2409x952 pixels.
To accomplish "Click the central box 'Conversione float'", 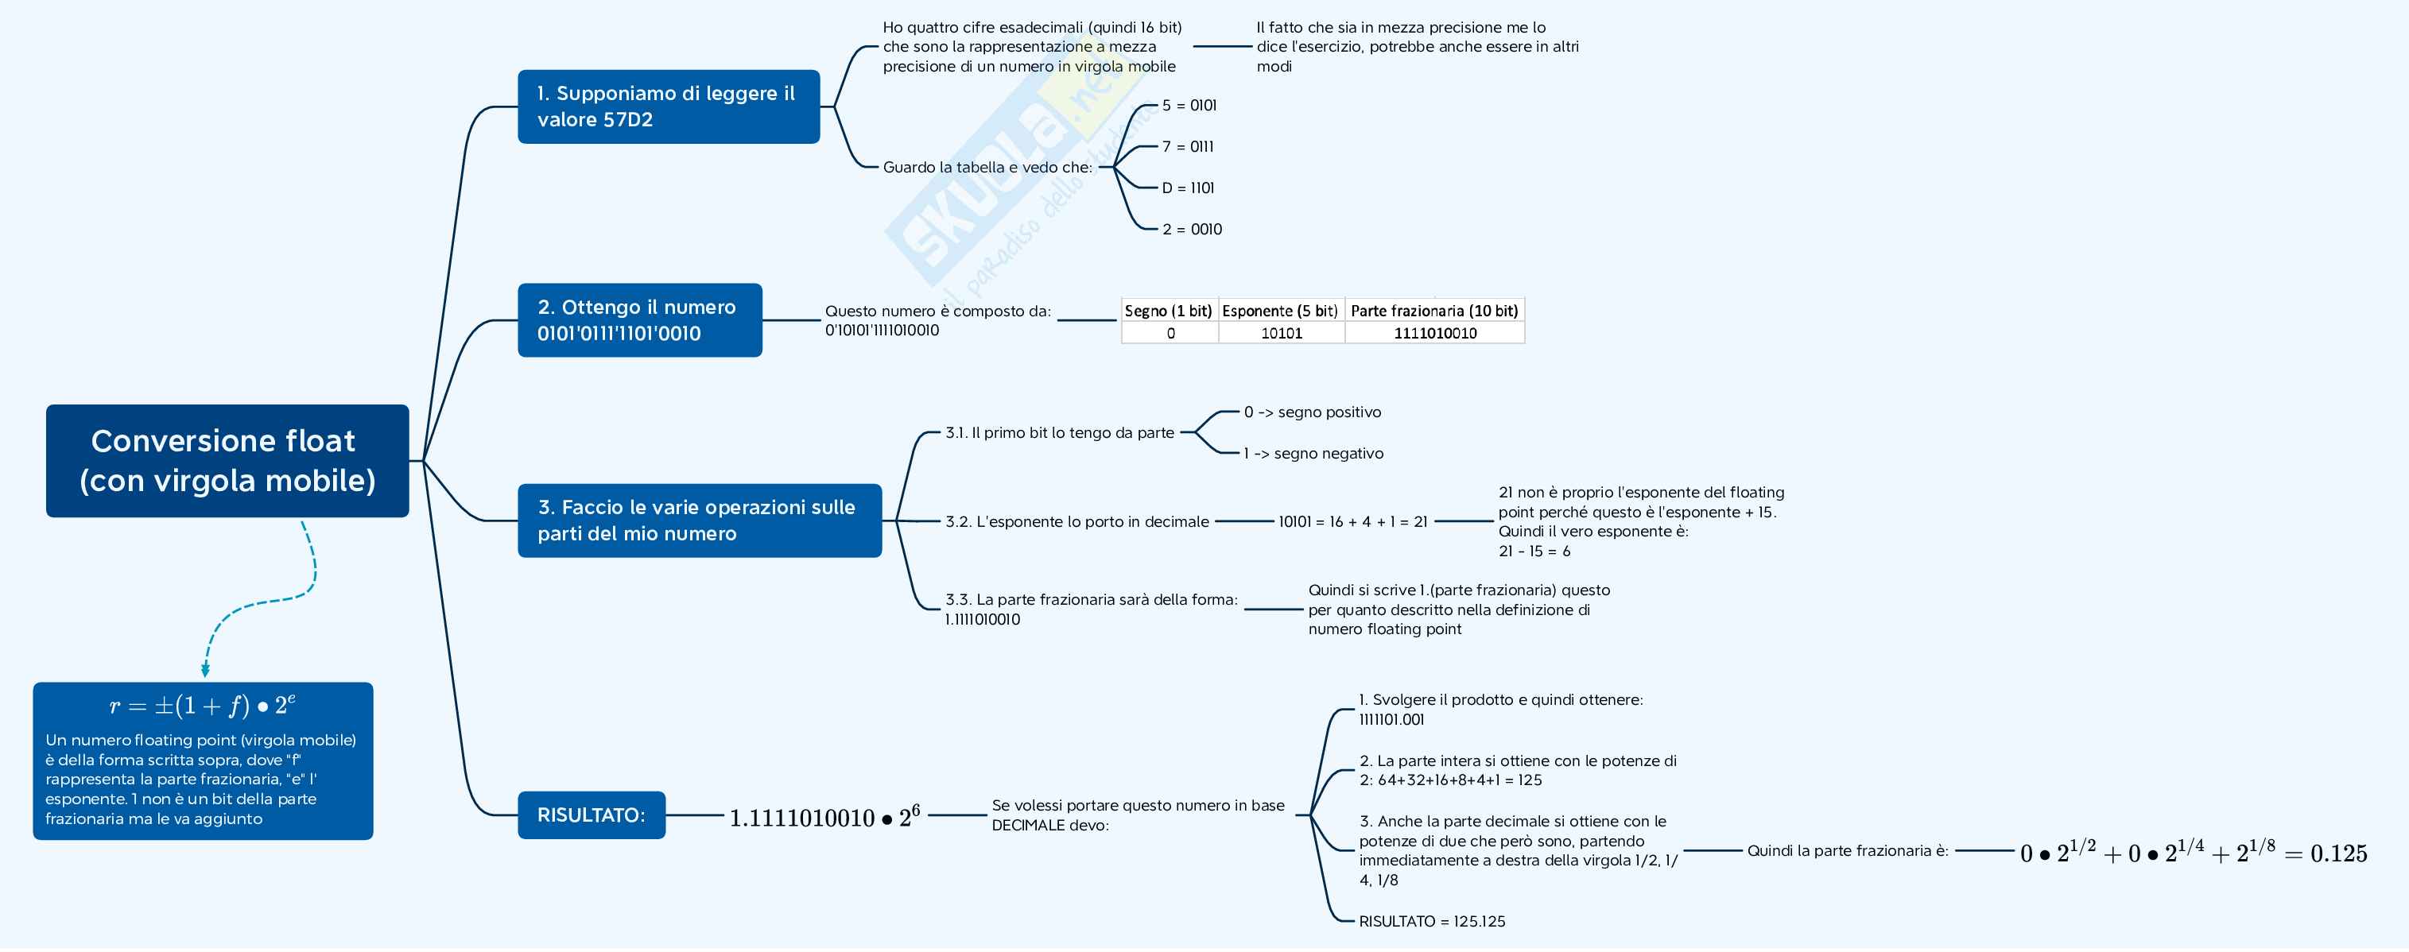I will coord(227,460).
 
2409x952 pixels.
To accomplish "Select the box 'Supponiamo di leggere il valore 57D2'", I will coord(668,106).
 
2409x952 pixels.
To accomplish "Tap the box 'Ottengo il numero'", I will coord(640,319).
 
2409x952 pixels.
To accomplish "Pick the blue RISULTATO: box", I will coord(591,815).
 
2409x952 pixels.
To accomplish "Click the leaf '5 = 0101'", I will coord(1189,106).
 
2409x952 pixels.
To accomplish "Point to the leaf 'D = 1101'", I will coord(1188,188).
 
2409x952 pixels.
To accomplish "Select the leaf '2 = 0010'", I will coord(1192,229).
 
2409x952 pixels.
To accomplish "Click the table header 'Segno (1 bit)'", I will coord(1168,311).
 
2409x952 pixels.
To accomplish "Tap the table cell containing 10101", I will coord(1281,333).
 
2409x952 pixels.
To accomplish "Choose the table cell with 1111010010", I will coord(1434,333).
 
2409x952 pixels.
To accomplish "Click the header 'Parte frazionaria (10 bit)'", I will coord(1433,311).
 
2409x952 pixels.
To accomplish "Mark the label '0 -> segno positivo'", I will coord(1312,412).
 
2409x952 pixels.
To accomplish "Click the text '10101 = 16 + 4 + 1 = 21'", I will coord(1352,522).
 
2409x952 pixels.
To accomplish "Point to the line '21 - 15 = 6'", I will coord(1534,551).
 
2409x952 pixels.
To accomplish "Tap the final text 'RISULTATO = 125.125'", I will coord(1432,921).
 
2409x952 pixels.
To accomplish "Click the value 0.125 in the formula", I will coord(2338,853).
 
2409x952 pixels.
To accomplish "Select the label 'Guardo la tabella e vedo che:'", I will coord(987,168).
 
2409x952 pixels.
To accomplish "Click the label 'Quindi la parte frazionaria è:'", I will coord(1847,851).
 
